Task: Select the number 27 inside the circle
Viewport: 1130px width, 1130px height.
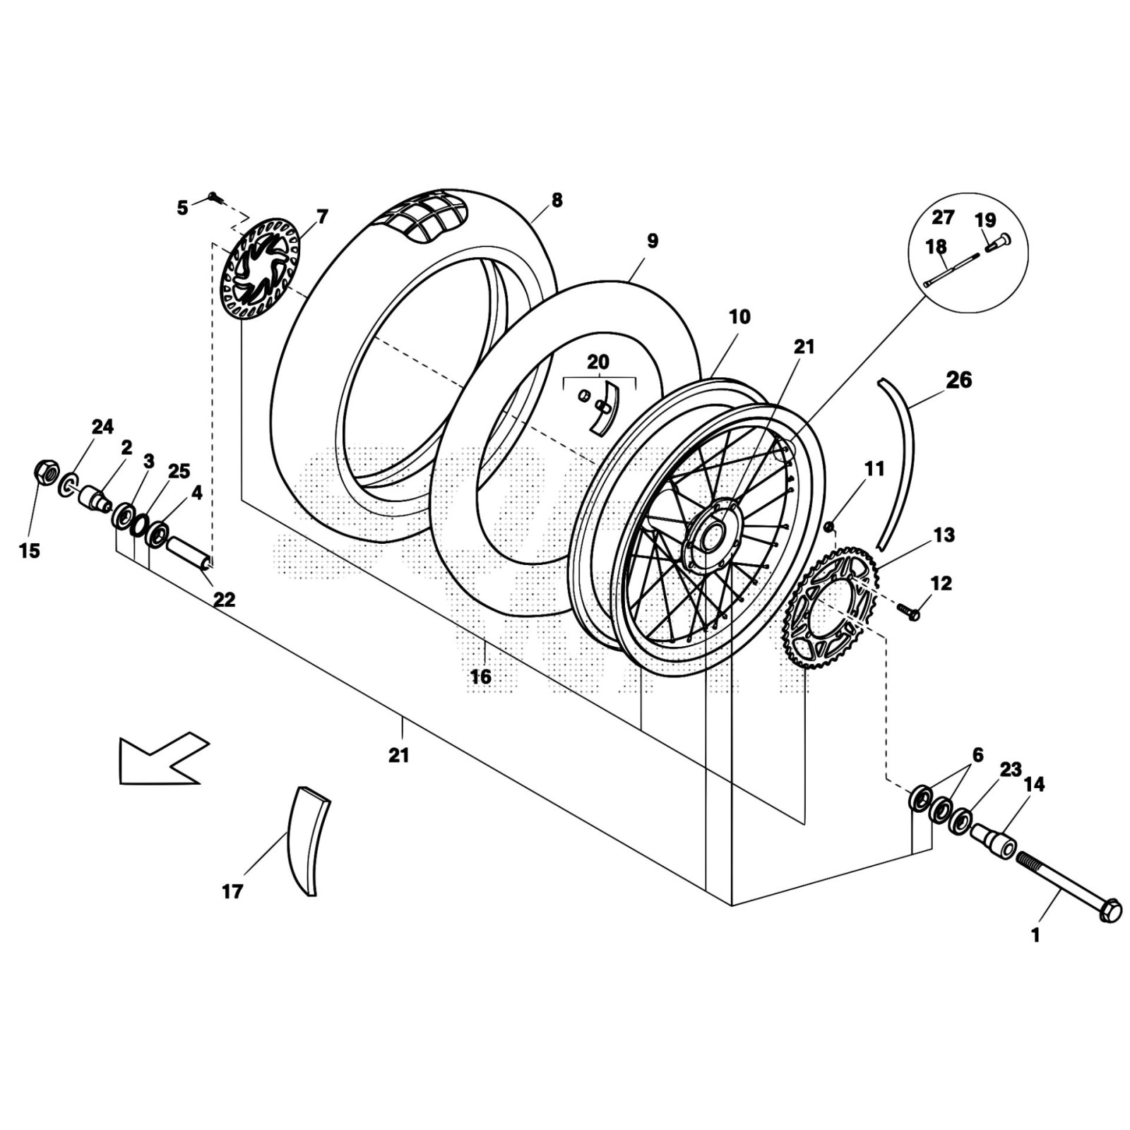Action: (943, 218)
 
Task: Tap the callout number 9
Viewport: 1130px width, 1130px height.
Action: (652, 241)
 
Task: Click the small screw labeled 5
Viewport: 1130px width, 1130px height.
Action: (213, 196)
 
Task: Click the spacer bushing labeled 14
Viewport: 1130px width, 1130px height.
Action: (992, 840)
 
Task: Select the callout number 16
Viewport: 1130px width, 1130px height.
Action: (480, 677)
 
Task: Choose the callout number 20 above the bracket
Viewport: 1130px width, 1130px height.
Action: (597, 362)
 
